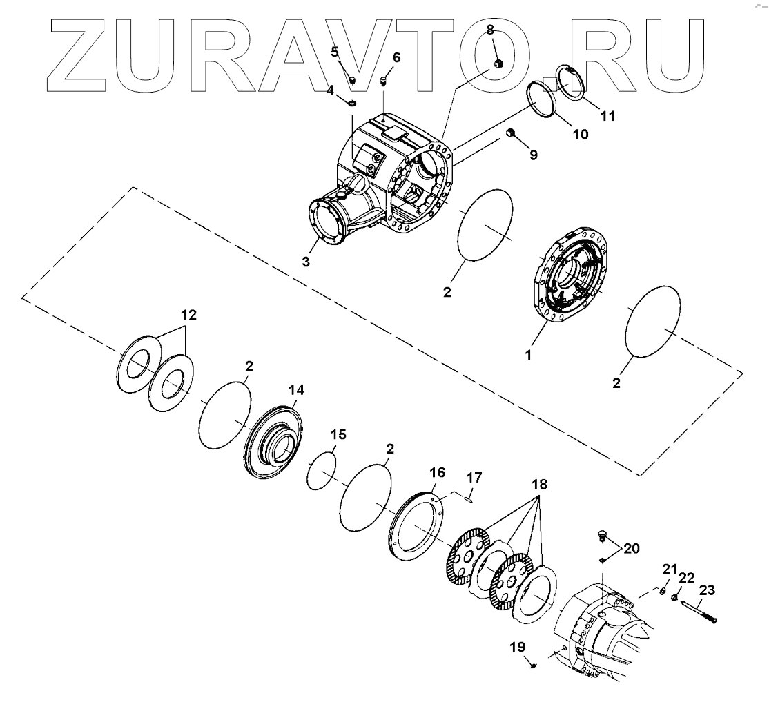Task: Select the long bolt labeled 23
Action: point(699,611)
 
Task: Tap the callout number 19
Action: point(518,648)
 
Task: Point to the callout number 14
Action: point(296,390)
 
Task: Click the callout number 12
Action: point(189,315)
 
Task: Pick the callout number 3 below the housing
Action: point(306,262)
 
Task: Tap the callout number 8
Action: point(490,30)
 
